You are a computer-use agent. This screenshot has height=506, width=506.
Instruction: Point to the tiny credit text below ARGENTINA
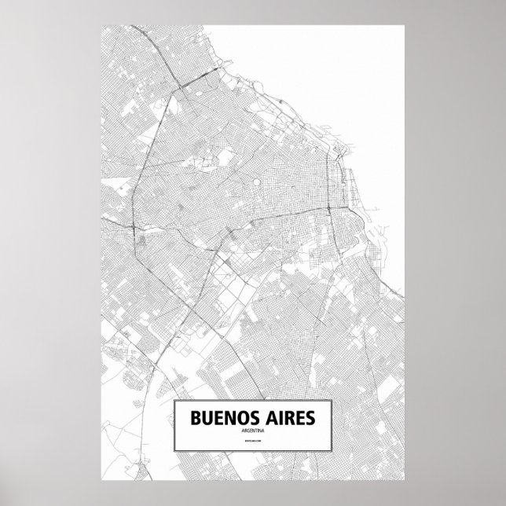[253, 444]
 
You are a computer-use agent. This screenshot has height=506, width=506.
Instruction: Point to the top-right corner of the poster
[405, 24]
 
